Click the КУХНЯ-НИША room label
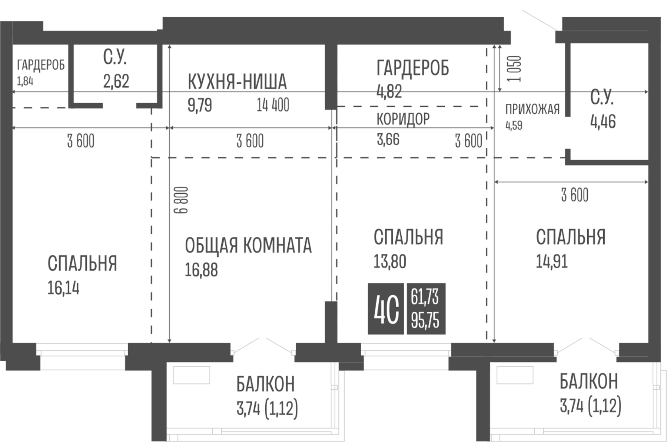tap(237, 82)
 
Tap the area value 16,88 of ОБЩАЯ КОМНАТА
tap(201, 270)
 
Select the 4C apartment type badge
tap(386, 309)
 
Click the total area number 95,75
tap(425, 321)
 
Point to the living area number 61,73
tap(425, 297)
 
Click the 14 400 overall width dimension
tap(273, 105)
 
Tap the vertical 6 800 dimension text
tap(181, 200)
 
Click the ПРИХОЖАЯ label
tap(532, 110)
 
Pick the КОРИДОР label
tap(403, 119)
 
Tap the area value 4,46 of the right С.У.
tap(603, 121)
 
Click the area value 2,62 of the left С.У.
tap(116, 81)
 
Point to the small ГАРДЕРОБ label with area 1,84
tap(41, 65)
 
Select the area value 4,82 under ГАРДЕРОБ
tap(389, 91)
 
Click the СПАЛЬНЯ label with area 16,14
tap(82, 263)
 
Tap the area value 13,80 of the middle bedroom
tap(390, 262)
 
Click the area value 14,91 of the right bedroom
tap(552, 262)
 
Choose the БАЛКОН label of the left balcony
tap(265, 384)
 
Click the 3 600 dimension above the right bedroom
tap(574, 195)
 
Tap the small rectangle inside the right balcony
tap(515, 375)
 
